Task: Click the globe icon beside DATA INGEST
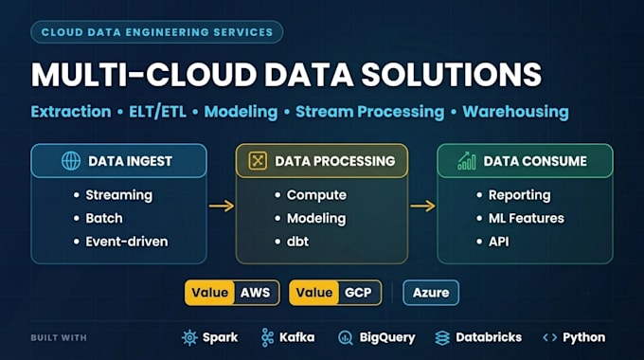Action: (x=71, y=161)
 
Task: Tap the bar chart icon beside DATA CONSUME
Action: (x=467, y=161)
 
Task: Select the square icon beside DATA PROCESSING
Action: (x=258, y=161)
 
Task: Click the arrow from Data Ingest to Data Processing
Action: (x=222, y=206)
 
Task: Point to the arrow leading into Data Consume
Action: (x=422, y=206)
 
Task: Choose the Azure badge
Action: (x=431, y=293)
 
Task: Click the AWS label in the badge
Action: (x=255, y=293)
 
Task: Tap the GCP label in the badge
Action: (x=358, y=293)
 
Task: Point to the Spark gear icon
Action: (x=189, y=338)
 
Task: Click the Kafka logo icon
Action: (x=267, y=338)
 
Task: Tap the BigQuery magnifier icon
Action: (x=346, y=338)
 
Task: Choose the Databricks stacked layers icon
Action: (x=442, y=338)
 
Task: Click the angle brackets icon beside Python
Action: (x=549, y=338)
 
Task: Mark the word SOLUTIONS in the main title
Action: (x=452, y=75)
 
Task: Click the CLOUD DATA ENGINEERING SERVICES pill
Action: (x=157, y=32)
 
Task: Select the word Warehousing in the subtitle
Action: (x=515, y=112)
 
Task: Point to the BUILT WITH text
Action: (x=59, y=338)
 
